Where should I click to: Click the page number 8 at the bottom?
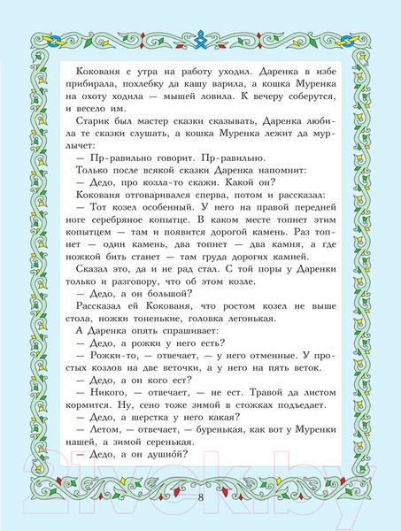pyautogui.click(x=201, y=497)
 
